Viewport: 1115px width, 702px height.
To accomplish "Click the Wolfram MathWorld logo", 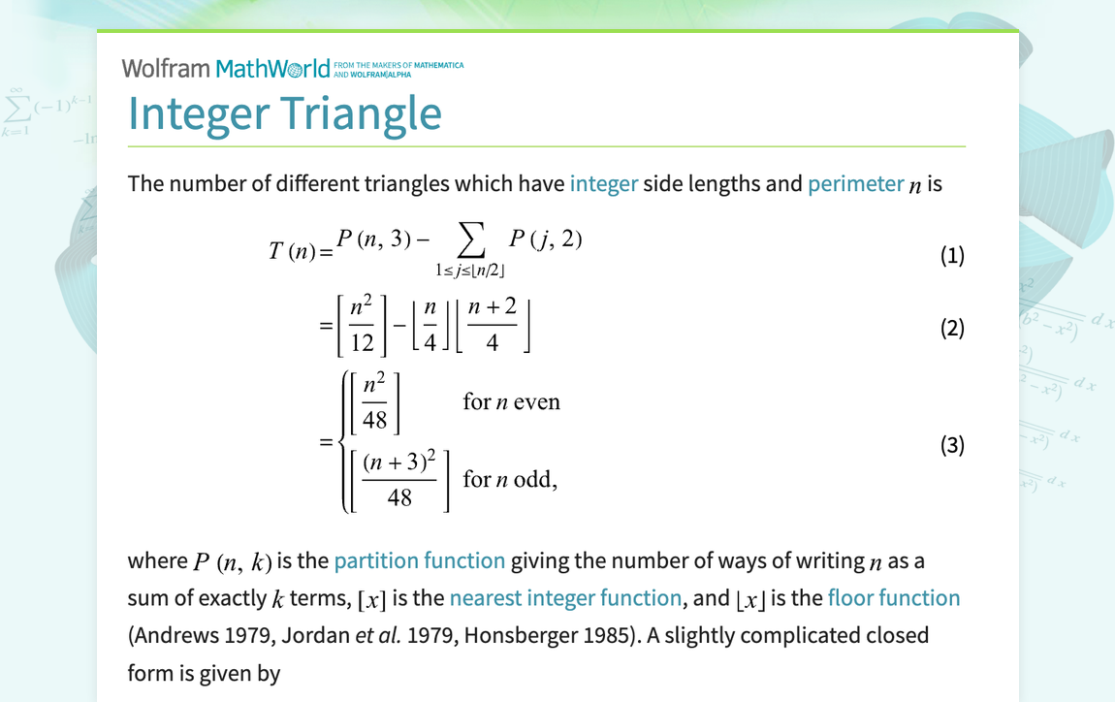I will tap(227, 69).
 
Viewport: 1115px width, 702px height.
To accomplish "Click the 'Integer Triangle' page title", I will tap(285, 113).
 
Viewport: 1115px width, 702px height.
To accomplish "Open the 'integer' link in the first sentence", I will tap(603, 183).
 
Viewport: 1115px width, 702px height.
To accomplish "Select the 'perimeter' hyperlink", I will tap(855, 183).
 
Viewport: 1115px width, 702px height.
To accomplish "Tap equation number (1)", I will tap(952, 256).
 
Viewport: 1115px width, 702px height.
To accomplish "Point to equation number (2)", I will tap(952, 329).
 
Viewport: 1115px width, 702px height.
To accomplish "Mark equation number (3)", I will tap(952, 445).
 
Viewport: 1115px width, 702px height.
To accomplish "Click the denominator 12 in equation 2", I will tap(362, 342).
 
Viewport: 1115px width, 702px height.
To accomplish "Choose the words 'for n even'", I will tap(511, 401).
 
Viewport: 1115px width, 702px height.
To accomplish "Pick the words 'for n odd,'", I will tap(510, 479).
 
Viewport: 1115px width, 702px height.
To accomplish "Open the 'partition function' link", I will tap(419, 560).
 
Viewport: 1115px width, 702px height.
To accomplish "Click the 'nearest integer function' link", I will tap(565, 598).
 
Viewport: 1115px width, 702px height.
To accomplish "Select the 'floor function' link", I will tap(893, 598).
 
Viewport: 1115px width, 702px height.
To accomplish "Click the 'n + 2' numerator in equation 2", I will tap(492, 307).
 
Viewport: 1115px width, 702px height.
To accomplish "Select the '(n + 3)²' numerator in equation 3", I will tap(399, 463).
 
